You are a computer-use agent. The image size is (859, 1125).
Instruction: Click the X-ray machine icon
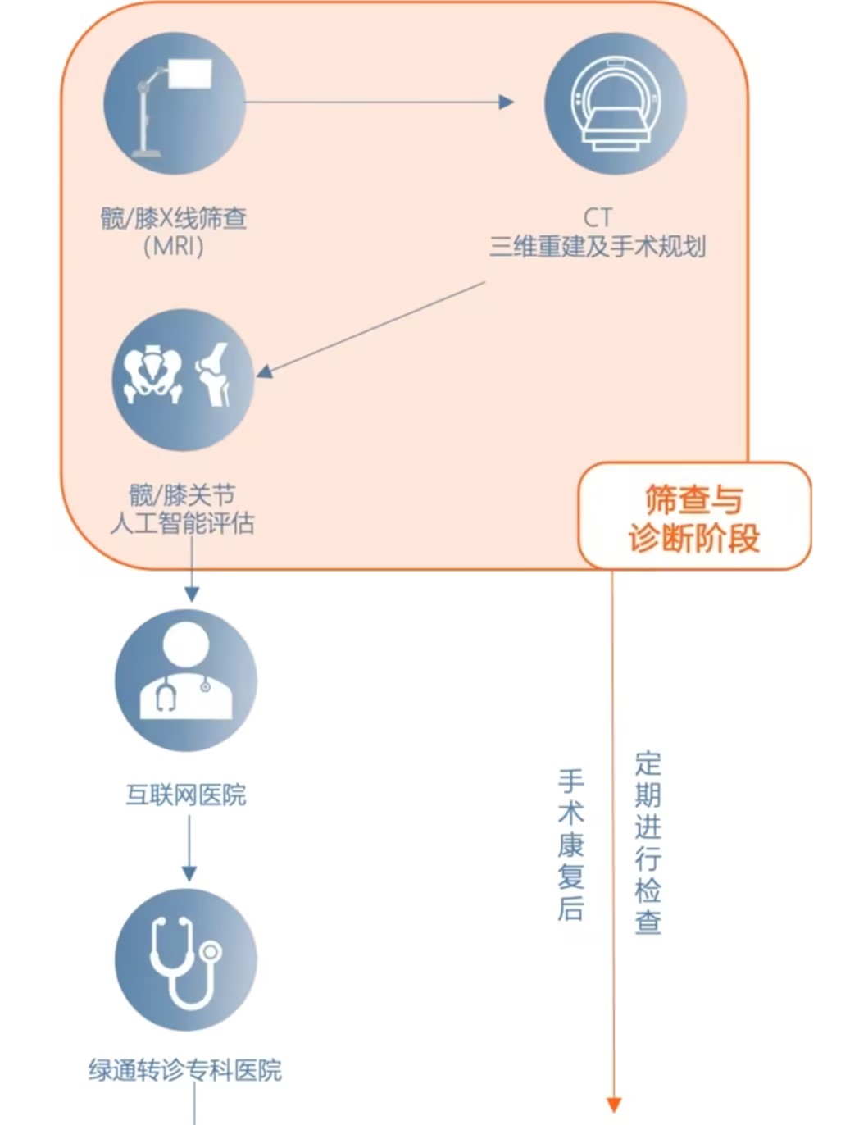[x=175, y=103]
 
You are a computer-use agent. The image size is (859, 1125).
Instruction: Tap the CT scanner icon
[x=616, y=103]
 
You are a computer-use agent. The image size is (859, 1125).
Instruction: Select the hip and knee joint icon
[x=183, y=380]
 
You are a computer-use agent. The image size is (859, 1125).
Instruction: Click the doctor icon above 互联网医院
[x=186, y=680]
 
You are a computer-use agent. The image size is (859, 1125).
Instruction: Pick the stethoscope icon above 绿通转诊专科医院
[x=186, y=959]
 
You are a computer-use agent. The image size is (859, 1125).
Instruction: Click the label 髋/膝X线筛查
[x=174, y=218]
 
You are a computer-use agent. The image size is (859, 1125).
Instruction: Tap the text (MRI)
[x=173, y=246]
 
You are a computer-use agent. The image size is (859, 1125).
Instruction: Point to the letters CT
[x=598, y=217]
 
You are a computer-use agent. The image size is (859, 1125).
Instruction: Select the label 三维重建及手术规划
[x=598, y=246]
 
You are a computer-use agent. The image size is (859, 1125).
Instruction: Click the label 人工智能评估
[x=182, y=522]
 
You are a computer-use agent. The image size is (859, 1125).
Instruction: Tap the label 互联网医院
[x=186, y=795]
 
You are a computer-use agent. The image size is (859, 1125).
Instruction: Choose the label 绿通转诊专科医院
[x=185, y=1070]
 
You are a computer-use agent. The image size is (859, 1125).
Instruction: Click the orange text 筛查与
[x=693, y=499]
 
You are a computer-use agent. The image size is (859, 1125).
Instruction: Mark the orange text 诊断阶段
[x=694, y=538]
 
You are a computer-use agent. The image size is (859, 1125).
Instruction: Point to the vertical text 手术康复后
[x=571, y=845]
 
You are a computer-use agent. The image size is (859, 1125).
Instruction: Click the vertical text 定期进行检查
[x=648, y=843]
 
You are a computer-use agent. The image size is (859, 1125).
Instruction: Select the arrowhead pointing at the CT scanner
[x=507, y=102]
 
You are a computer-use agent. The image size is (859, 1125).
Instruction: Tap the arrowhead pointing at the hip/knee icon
[x=265, y=371]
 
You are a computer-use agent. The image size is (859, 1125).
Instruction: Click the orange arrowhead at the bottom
[x=613, y=1105]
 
